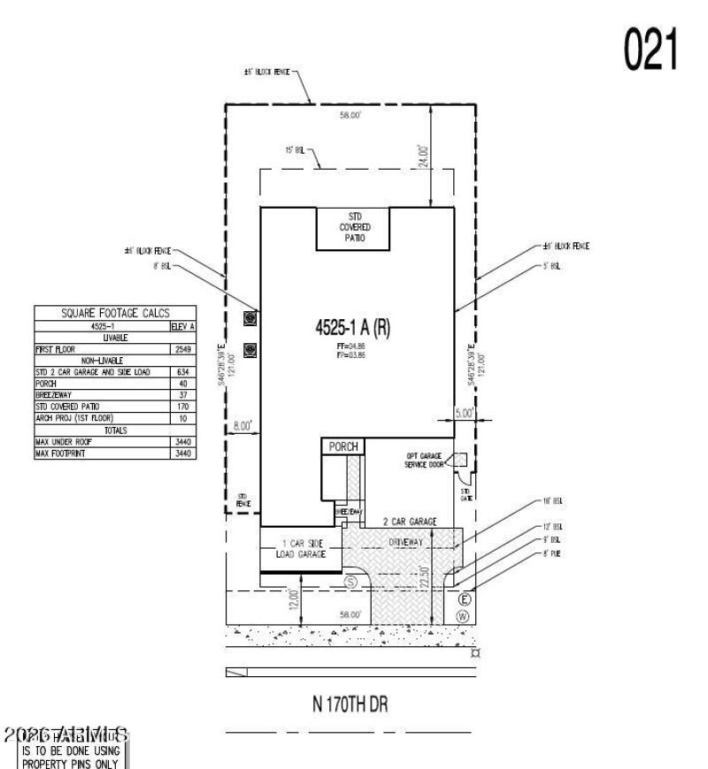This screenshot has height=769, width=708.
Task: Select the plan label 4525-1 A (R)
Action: (x=352, y=327)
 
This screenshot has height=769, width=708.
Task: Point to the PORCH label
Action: (x=343, y=447)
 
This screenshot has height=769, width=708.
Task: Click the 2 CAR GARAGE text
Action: (x=409, y=522)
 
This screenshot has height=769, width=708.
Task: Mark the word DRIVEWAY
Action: (x=409, y=539)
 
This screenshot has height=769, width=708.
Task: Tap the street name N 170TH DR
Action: (x=350, y=704)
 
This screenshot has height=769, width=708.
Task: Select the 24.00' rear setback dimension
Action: (x=424, y=156)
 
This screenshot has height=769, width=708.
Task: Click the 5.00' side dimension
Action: (x=465, y=411)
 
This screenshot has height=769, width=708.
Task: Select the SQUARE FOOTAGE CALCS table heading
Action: (x=115, y=313)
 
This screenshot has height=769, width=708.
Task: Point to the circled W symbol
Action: (x=462, y=615)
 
